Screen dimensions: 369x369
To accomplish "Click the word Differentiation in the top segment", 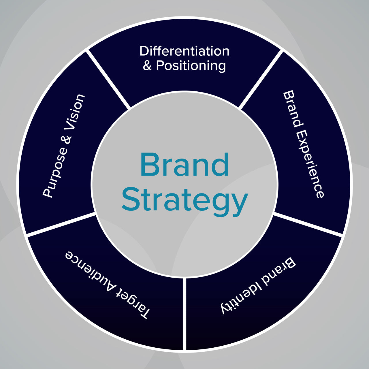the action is (x=184, y=51).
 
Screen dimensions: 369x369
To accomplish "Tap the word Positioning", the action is (x=191, y=66).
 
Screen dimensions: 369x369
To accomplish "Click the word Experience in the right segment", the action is (x=310, y=165).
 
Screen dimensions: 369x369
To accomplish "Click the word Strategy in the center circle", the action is (x=185, y=202).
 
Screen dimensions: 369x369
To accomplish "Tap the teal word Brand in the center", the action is (x=184, y=164).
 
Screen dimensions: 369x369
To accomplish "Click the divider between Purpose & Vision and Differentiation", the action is (x=108, y=80).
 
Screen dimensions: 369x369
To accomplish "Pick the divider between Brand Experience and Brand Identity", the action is (x=308, y=224).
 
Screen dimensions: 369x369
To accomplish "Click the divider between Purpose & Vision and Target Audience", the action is (x=61, y=224).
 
